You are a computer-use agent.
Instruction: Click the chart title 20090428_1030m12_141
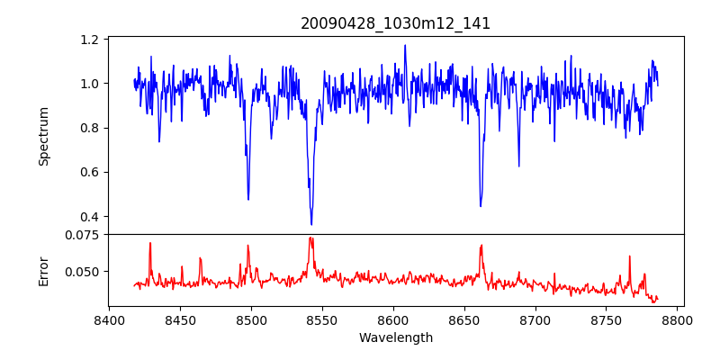pos(395,23)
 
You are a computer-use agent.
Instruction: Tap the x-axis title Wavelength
pos(395,337)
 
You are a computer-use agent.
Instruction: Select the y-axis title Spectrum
pos(43,136)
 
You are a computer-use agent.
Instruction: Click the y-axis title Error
pos(43,270)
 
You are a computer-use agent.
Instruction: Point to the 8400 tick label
pos(109,319)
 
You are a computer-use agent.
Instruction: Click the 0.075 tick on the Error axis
pos(84,234)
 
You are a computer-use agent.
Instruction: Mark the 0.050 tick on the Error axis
pos(84,271)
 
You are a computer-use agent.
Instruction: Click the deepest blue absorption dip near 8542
pos(311,224)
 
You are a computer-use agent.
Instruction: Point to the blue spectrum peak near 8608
pos(405,45)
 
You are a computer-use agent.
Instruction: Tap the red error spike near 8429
pos(150,243)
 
